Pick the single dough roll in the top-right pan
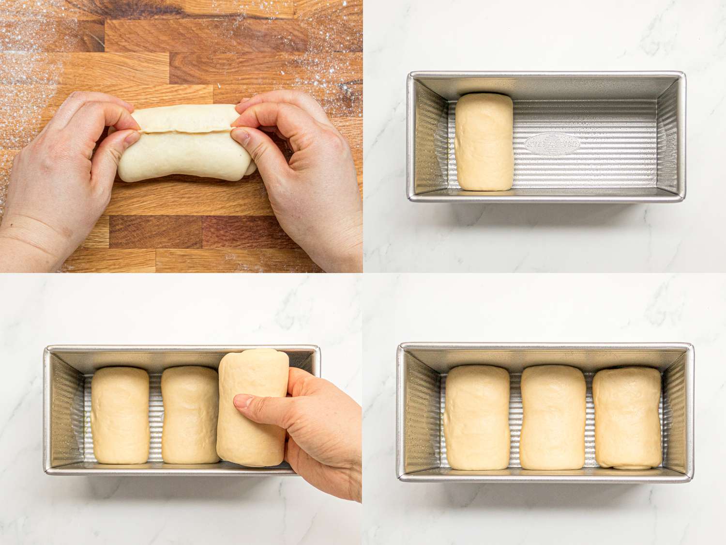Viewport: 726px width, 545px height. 484,141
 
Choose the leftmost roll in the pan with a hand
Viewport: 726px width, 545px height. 120,416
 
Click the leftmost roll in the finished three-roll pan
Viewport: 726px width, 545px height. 477,418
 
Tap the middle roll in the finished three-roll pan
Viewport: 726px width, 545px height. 553,418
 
